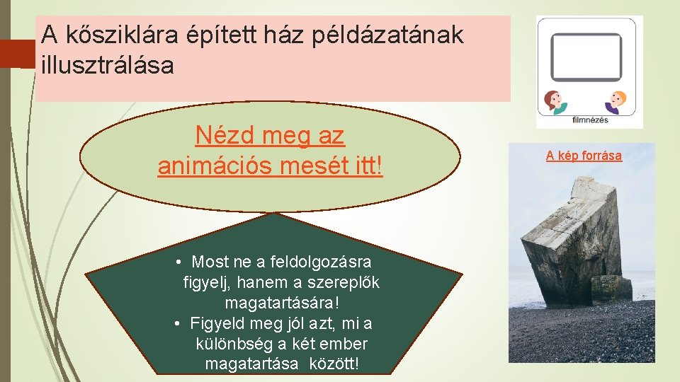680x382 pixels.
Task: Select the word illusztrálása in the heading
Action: click(x=107, y=66)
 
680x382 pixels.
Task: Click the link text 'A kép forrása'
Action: click(x=584, y=156)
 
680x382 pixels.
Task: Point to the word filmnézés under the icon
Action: click(x=589, y=120)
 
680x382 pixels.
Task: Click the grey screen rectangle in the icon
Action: click(x=586, y=57)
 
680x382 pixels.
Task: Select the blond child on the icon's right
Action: click(x=615, y=103)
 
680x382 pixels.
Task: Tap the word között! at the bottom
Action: click(x=334, y=364)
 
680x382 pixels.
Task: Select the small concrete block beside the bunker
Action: click(x=611, y=288)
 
